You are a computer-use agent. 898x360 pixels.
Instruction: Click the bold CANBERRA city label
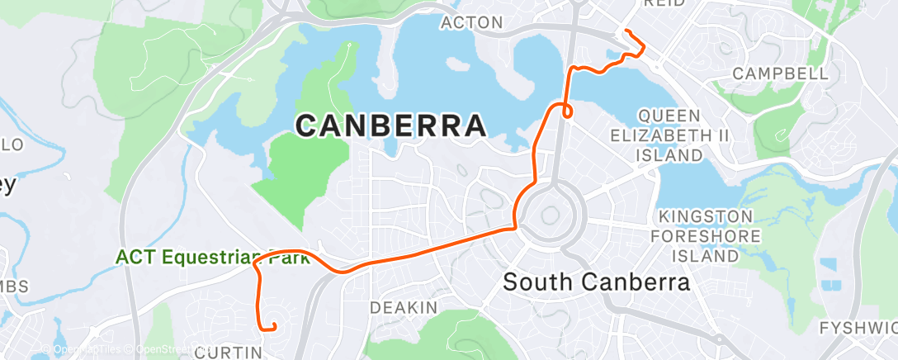(390, 126)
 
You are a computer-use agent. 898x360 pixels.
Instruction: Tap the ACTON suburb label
(472, 22)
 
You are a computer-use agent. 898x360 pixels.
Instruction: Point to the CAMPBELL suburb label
(781, 73)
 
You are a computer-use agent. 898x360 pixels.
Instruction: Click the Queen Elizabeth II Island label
(669, 135)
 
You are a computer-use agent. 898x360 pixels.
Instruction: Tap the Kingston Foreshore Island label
(706, 236)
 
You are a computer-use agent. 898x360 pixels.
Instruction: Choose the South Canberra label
(596, 282)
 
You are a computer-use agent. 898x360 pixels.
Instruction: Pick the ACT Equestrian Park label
(212, 258)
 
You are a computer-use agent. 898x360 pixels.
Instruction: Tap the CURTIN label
(229, 353)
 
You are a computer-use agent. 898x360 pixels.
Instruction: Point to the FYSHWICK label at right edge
(858, 329)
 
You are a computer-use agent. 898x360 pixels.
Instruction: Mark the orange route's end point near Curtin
(273, 329)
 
